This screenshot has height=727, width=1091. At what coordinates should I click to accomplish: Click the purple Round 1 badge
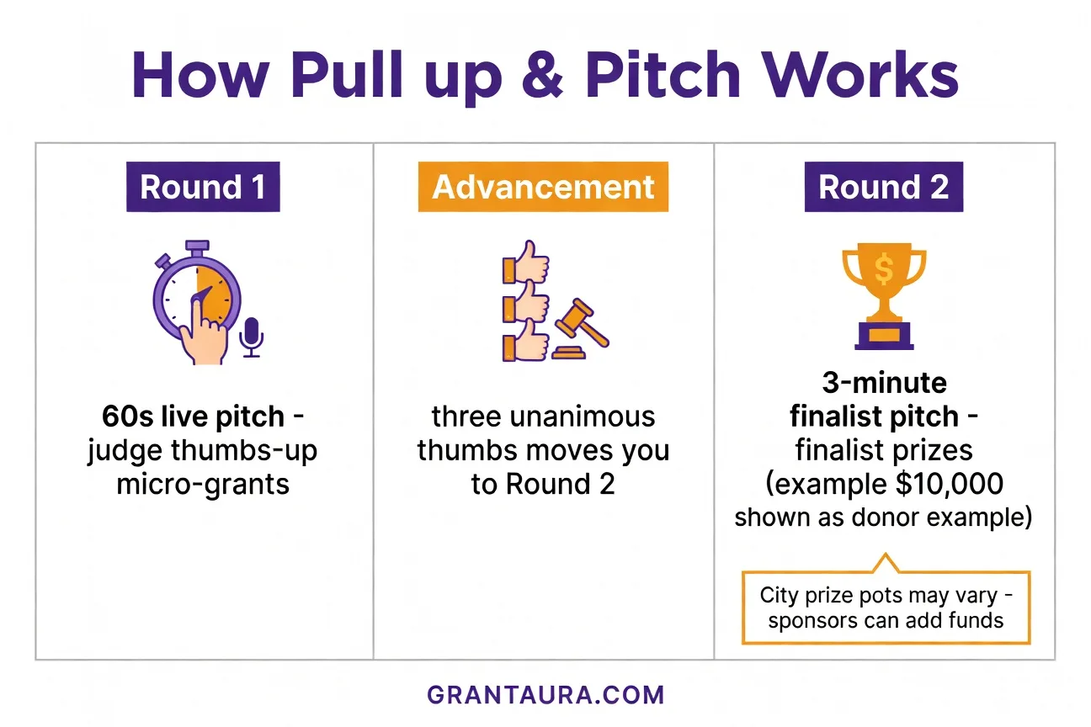pos(202,187)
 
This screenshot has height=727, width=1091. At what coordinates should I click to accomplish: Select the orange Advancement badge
pos(543,187)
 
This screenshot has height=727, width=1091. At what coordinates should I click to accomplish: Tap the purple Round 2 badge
pos(884,187)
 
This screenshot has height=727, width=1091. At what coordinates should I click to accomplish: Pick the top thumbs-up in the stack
pos(525,264)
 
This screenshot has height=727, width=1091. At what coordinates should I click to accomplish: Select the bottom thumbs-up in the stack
pos(525,344)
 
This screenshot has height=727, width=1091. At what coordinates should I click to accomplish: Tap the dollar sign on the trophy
pos(884,269)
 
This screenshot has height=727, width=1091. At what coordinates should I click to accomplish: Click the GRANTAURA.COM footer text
pos(545,695)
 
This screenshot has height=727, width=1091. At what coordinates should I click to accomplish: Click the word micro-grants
pos(203,485)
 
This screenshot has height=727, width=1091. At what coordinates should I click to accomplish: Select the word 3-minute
pos(884,383)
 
